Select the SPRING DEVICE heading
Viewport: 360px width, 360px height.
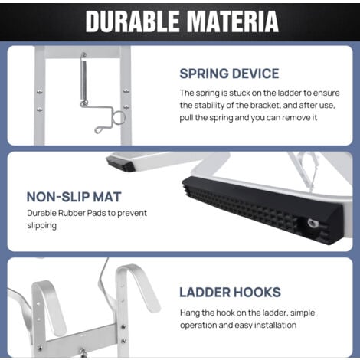click(229, 74)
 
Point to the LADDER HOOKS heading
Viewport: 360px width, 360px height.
click(230, 292)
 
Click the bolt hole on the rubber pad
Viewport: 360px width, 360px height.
click(312, 224)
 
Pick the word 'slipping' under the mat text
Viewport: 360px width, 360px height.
click(43, 225)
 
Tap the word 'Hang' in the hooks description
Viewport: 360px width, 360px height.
click(191, 312)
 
